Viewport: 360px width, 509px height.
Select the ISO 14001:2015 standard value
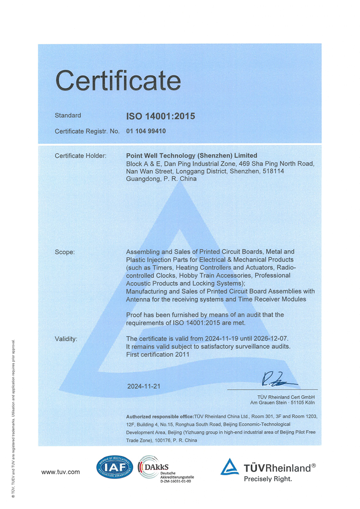pyautogui.click(x=161, y=116)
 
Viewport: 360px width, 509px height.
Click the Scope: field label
pyautogui.click(x=65, y=252)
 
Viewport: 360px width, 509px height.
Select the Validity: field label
pyautogui.click(x=66, y=338)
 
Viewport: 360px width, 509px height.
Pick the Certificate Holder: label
pyautogui.click(x=81, y=156)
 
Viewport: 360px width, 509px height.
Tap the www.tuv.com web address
pyautogui.click(x=60, y=472)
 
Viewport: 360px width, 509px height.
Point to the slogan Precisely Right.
pyautogui.click(x=268, y=479)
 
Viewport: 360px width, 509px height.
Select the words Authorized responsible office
pyautogui.click(x=160, y=417)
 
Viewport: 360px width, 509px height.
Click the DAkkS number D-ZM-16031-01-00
pyautogui.click(x=176, y=481)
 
